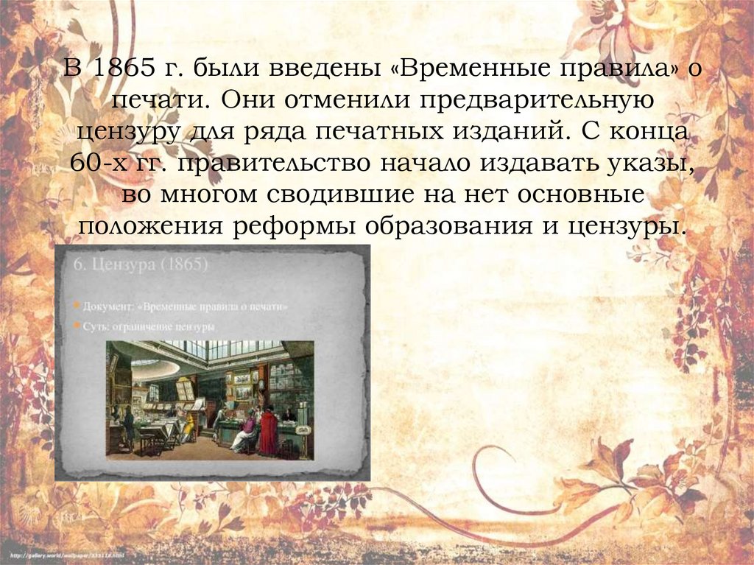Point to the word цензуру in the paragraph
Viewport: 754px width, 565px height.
(x=116, y=133)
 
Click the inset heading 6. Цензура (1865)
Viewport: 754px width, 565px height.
(x=140, y=265)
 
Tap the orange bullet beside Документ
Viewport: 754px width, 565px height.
(x=78, y=305)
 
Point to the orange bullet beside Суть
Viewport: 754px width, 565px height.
(x=78, y=325)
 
